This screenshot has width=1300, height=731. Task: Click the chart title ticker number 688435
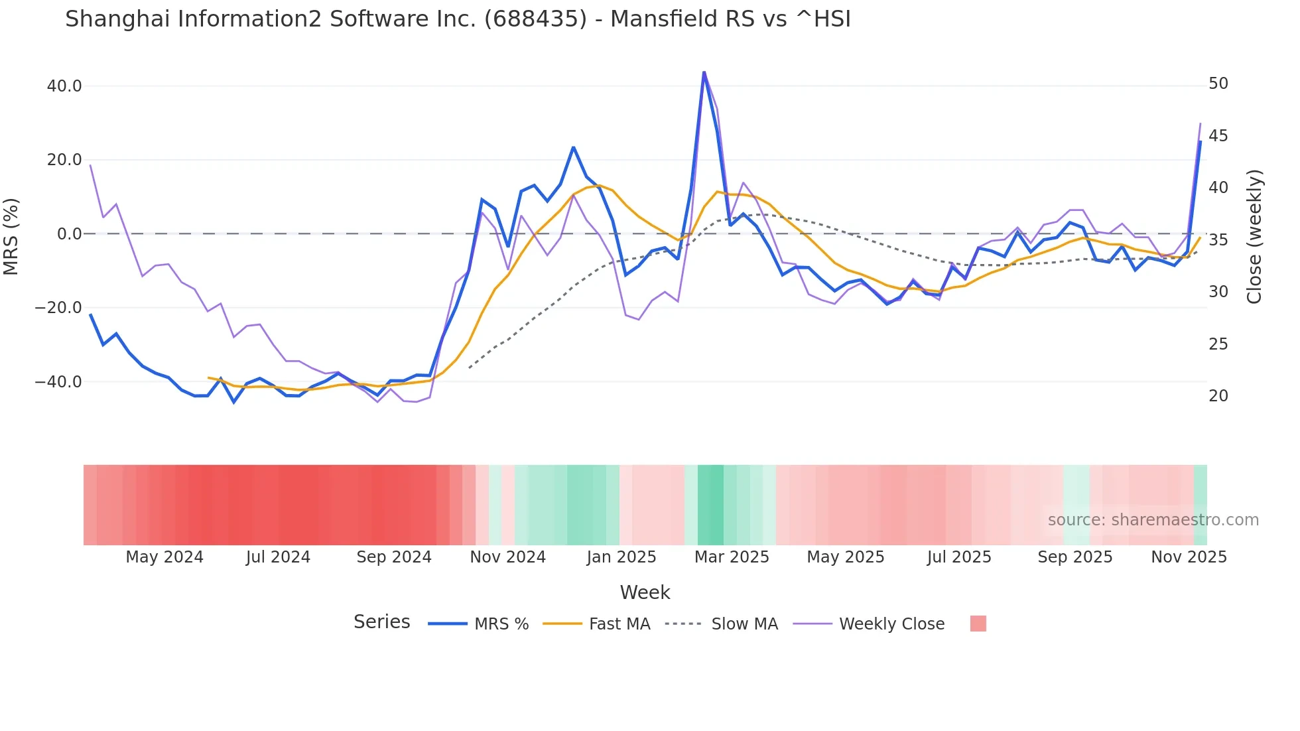tap(535, 19)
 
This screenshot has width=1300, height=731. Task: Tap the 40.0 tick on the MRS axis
tap(64, 86)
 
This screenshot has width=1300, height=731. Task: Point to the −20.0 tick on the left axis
tap(58, 308)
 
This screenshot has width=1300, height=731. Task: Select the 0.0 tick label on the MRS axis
tap(69, 234)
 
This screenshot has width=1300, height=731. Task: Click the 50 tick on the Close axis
tap(1218, 84)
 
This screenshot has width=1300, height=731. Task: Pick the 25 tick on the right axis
tap(1218, 344)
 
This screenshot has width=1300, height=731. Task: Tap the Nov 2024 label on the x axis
tap(507, 557)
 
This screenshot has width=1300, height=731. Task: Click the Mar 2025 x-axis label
tap(732, 557)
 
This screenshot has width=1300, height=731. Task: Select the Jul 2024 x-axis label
tap(278, 557)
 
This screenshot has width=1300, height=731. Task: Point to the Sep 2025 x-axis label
tap(1074, 557)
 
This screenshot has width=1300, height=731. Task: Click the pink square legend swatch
tap(978, 624)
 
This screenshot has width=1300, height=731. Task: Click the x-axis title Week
tap(645, 592)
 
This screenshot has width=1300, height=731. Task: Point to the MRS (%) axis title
tap(11, 236)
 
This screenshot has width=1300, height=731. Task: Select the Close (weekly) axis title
tap(1254, 236)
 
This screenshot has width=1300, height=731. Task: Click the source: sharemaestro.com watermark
tap(1153, 520)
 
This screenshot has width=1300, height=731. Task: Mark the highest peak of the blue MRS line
tap(704, 72)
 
